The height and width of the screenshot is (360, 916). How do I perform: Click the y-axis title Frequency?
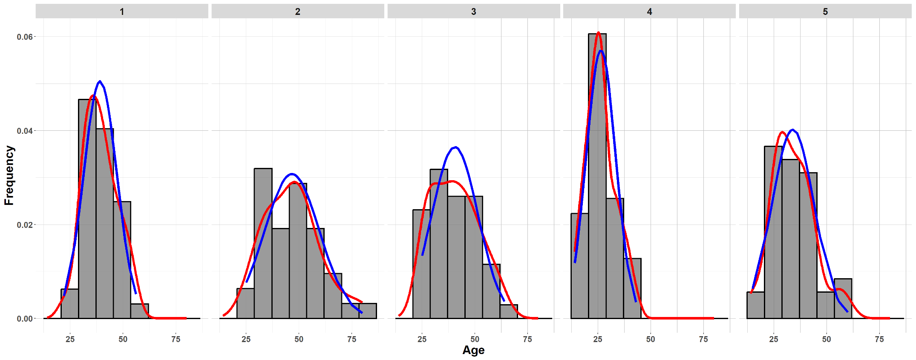[x=9, y=176]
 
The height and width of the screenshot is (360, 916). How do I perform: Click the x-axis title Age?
[x=473, y=350]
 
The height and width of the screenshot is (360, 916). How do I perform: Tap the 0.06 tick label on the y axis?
[x=25, y=37]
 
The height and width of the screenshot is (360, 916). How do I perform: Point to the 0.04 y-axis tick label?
[x=25, y=131]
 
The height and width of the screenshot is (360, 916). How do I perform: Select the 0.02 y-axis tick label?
[x=25, y=225]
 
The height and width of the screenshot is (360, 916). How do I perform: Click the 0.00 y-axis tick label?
[x=25, y=319]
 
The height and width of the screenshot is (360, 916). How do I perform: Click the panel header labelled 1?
[x=122, y=12]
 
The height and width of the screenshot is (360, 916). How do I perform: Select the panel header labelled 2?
[x=297, y=12]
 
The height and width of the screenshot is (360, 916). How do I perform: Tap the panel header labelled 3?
[x=473, y=12]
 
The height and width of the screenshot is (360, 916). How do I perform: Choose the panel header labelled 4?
[x=649, y=12]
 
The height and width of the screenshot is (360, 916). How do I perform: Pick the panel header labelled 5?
[x=825, y=12]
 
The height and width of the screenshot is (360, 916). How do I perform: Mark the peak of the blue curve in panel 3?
[x=456, y=147]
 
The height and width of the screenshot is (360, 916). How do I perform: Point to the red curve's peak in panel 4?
[x=599, y=32]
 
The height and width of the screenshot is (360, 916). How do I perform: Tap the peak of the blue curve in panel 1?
[x=100, y=81]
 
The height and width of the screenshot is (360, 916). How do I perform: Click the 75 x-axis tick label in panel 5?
[x=879, y=339]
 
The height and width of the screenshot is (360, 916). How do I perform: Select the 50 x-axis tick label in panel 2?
[x=299, y=339]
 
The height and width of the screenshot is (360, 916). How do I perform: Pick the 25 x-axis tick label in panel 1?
[x=70, y=339]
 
